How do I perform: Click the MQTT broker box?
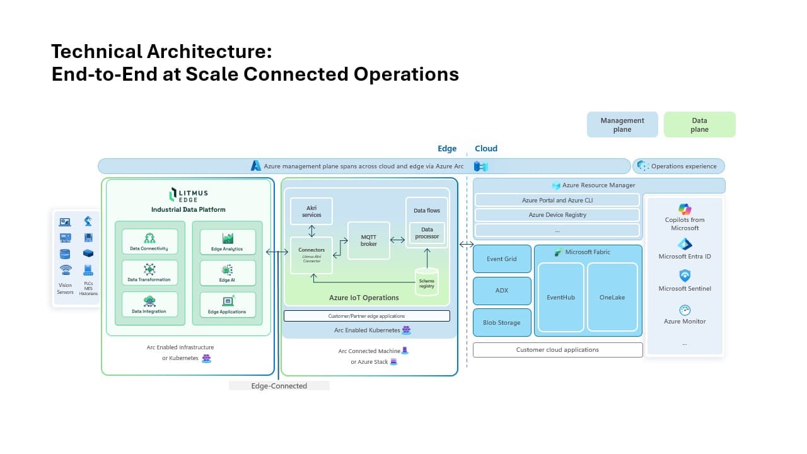point(369,240)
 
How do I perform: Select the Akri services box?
point(311,211)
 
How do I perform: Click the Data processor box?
point(427,233)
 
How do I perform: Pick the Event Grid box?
point(502,259)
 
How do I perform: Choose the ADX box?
point(502,291)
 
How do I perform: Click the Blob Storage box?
point(502,322)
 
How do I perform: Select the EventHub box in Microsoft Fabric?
point(560,297)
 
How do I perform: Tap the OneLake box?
point(612,297)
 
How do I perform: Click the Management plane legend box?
point(622,125)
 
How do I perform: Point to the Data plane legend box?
point(699,125)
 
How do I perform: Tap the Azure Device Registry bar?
point(557,215)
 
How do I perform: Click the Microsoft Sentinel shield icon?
point(685,276)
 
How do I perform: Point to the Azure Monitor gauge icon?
point(685,310)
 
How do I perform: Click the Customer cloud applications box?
point(557,350)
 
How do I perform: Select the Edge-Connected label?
point(279,386)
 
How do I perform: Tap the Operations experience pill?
point(678,166)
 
